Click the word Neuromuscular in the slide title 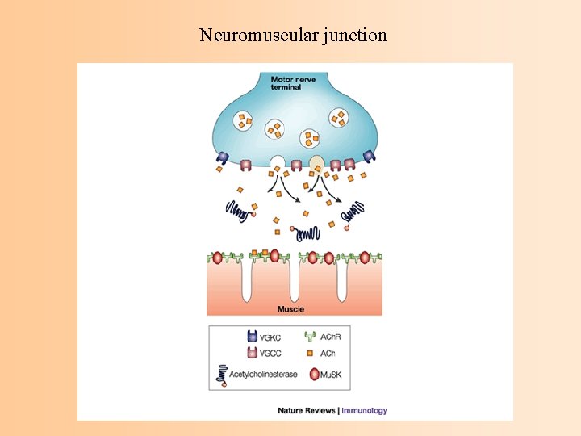[x=249, y=36]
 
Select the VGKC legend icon [x=250, y=337]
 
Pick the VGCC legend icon [x=250, y=353]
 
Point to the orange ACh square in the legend [x=310, y=353]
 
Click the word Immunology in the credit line [x=364, y=410]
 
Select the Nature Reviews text [x=306, y=410]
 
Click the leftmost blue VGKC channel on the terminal [x=223, y=157]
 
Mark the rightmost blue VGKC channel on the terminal [x=369, y=157]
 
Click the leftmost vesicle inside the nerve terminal [x=243, y=121]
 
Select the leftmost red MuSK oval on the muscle [x=216, y=258]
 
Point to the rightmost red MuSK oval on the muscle [x=365, y=258]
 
